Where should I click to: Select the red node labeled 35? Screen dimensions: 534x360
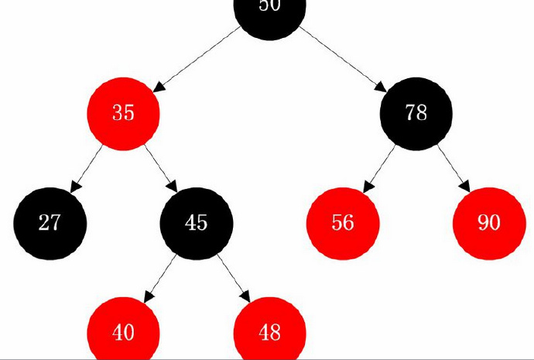coord(123,113)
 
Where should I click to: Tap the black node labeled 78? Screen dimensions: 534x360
coord(416,113)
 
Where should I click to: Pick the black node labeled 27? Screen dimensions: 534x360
coord(50,223)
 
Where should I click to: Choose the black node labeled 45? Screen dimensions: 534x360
coord(196,223)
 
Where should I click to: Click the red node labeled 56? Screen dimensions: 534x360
coord(343,223)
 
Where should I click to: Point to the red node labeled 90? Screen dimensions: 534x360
coord(489,223)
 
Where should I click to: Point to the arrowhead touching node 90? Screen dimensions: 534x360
coord(464,186)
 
